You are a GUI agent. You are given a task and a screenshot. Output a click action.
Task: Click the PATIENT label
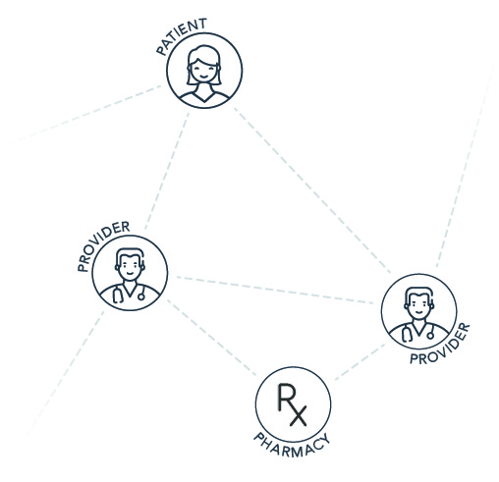pos(181,35)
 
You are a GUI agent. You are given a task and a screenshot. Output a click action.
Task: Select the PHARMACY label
pos(292,446)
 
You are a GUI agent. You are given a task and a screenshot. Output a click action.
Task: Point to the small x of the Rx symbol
pos(298,416)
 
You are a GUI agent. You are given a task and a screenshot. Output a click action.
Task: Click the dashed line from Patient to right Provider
pos(312,189)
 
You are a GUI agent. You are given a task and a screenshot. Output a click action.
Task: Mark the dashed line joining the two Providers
pos(275,290)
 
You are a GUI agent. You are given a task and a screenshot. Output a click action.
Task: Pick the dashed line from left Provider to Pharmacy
pos(211,338)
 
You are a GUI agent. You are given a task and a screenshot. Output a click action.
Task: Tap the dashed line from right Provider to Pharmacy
pos(360,362)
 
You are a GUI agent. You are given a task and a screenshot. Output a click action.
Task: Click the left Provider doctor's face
pos(130,267)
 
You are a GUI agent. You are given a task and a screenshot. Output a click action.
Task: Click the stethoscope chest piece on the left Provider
pos(141,296)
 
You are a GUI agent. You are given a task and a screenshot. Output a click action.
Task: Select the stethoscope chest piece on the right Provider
pos(430,336)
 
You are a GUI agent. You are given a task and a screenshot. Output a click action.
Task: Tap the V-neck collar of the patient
pos(204,97)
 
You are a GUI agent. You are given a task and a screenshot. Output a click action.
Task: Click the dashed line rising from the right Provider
pos(465,164)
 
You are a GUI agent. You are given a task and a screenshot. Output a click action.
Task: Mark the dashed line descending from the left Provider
pos(66,373)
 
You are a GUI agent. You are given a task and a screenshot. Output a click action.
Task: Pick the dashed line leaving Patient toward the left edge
pos(85,115)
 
